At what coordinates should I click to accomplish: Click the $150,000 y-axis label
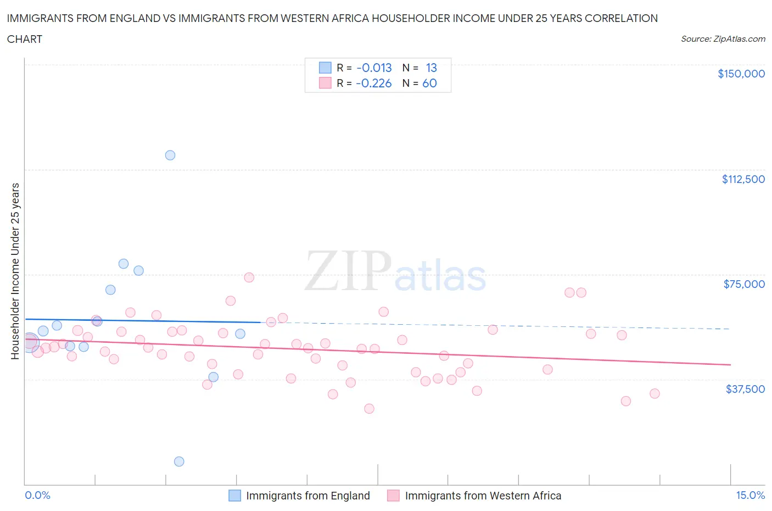click(741, 74)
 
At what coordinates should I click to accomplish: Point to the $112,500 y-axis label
click(743, 179)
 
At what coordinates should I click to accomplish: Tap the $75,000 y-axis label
click(744, 284)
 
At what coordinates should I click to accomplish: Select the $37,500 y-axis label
click(745, 389)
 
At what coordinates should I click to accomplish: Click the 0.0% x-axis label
click(37, 495)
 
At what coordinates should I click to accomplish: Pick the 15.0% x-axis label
click(750, 495)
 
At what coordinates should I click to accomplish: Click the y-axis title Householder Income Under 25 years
click(15, 271)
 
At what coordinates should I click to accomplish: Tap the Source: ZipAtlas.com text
click(723, 38)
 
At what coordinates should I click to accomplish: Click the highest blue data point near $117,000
click(170, 155)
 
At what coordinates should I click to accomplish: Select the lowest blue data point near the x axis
click(179, 462)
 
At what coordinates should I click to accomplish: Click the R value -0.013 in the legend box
click(374, 68)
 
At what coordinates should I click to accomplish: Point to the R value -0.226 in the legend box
click(373, 83)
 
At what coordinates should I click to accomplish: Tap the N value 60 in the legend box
click(429, 83)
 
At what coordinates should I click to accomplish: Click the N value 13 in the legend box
click(431, 68)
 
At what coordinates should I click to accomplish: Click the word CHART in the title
click(25, 39)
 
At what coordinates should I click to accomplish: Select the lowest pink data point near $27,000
click(369, 409)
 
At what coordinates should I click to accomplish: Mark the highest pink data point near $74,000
click(249, 277)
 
